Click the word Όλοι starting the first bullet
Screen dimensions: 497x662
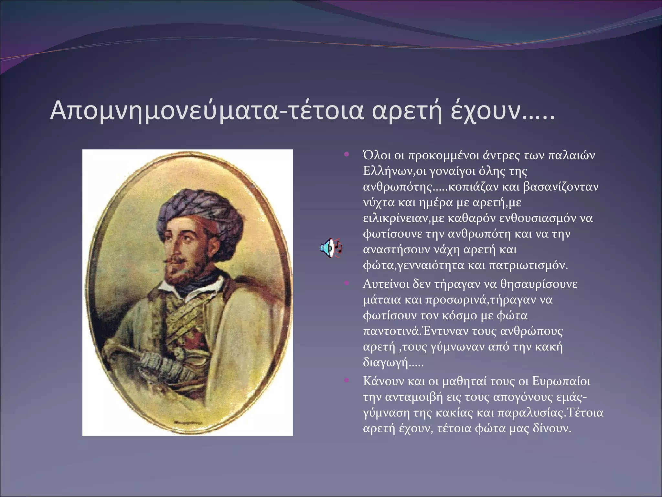pos(377,156)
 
